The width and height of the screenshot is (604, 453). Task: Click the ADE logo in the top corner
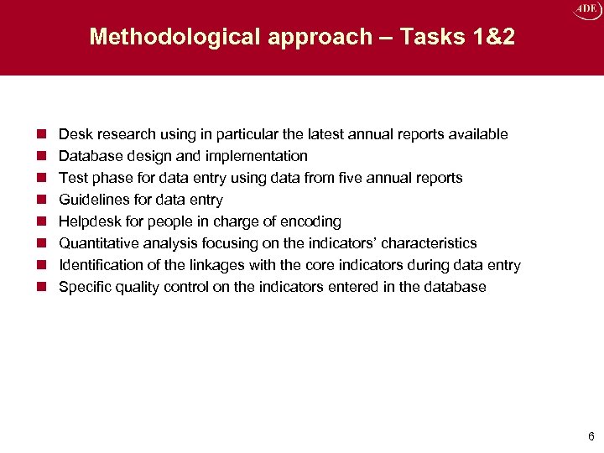(x=585, y=10)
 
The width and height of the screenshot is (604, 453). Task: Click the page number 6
(x=591, y=436)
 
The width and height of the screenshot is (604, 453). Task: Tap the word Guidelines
(x=92, y=200)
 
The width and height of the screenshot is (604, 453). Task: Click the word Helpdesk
(x=89, y=221)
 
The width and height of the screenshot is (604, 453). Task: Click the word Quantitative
(x=96, y=243)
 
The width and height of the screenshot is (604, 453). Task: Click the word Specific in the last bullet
(x=84, y=287)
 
